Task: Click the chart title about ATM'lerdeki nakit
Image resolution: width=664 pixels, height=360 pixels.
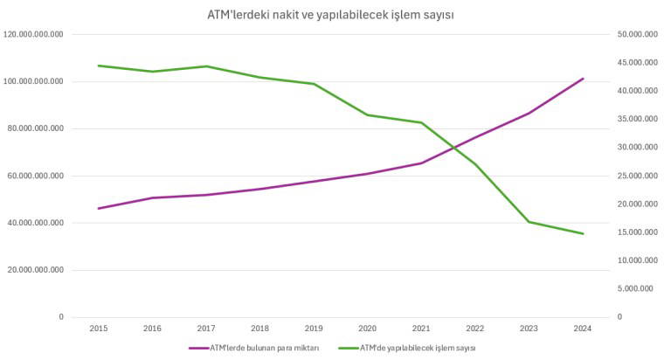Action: tap(331, 15)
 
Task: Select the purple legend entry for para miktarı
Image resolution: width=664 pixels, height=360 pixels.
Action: tap(252, 347)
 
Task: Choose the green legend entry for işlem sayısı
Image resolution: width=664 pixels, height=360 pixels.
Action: tap(408, 347)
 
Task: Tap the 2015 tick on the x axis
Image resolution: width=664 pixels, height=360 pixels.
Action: tap(100, 329)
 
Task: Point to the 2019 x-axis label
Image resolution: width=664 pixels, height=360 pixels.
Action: tap(314, 329)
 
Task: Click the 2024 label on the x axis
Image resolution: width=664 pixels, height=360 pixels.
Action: tap(582, 329)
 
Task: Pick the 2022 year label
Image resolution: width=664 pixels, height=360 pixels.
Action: tap(474, 329)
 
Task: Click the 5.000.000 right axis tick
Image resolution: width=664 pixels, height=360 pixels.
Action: tap(637, 289)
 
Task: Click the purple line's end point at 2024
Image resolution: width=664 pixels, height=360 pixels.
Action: tap(583, 79)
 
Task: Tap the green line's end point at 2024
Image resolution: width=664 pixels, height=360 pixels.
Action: tap(583, 233)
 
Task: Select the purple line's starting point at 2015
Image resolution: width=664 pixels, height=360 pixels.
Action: tap(100, 208)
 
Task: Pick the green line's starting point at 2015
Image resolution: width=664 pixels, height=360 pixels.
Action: tap(100, 66)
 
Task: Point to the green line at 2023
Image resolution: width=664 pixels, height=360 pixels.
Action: tap(529, 222)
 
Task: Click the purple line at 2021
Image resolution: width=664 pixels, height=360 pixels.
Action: tap(421, 163)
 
